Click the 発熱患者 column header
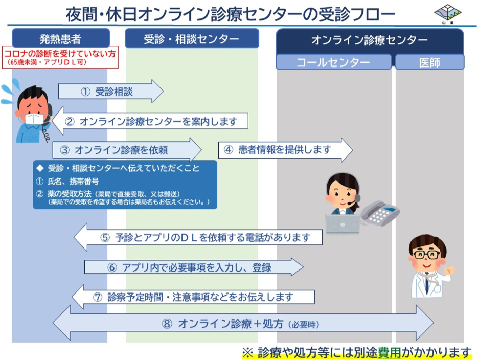point(60,38)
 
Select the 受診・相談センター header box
point(191,38)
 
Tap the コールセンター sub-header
point(333,62)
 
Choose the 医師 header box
point(429,62)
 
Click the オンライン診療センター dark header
point(370,40)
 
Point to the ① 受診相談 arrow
point(110,92)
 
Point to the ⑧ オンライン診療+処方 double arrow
point(243,323)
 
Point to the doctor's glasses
point(426,254)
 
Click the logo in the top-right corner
point(446,13)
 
